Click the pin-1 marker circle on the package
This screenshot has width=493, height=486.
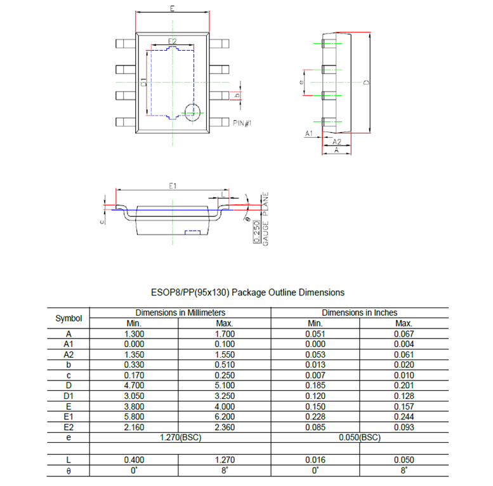(192, 111)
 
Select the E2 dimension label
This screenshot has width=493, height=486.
(172, 41)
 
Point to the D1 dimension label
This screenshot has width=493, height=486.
(144, 82)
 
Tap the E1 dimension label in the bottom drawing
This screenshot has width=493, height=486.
(172, 186)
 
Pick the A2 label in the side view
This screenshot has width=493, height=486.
(337, 142)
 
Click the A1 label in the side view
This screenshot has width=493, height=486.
(310, 134)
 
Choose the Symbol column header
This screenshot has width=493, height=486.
(69, 318)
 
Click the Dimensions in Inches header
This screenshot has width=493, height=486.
(359, 313)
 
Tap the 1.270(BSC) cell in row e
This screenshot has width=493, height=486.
(180, 438)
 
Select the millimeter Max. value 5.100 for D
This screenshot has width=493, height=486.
(225, 385)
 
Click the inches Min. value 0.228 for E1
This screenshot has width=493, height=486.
(315, 416)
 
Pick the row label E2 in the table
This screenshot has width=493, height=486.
(69, 426)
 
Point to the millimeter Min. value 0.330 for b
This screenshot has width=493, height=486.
(135, 365)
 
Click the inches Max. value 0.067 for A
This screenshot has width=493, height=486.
(404, 334)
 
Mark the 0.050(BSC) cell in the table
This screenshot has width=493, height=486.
(359, 438)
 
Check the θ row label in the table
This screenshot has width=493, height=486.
(69, 471)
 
